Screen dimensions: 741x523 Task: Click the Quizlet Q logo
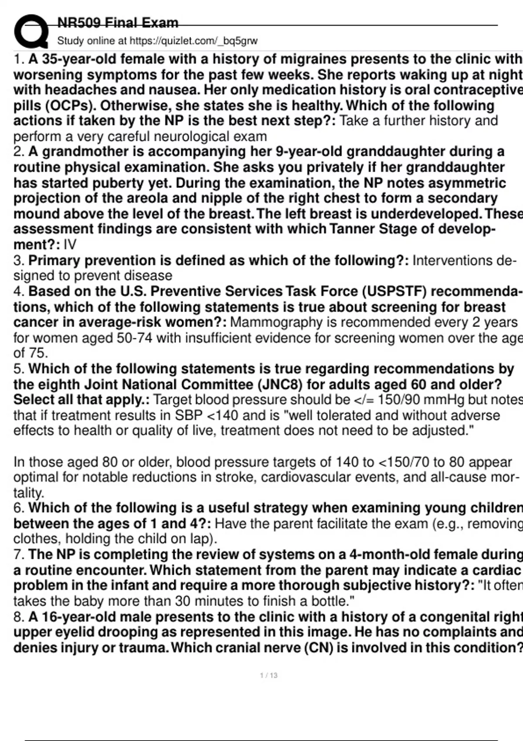coord(31,31)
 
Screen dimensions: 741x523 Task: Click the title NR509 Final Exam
coord(118,23)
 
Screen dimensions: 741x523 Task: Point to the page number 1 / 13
coord(268,676)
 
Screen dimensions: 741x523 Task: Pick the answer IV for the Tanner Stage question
coord(70,244)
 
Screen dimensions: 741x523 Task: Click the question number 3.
coord(18,261)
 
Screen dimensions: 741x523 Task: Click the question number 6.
coord(18,508)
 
